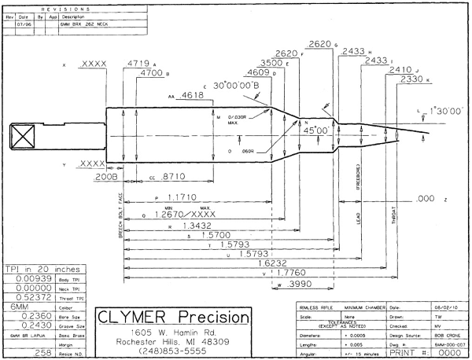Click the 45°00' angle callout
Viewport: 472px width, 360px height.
[x=317, y=132]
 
